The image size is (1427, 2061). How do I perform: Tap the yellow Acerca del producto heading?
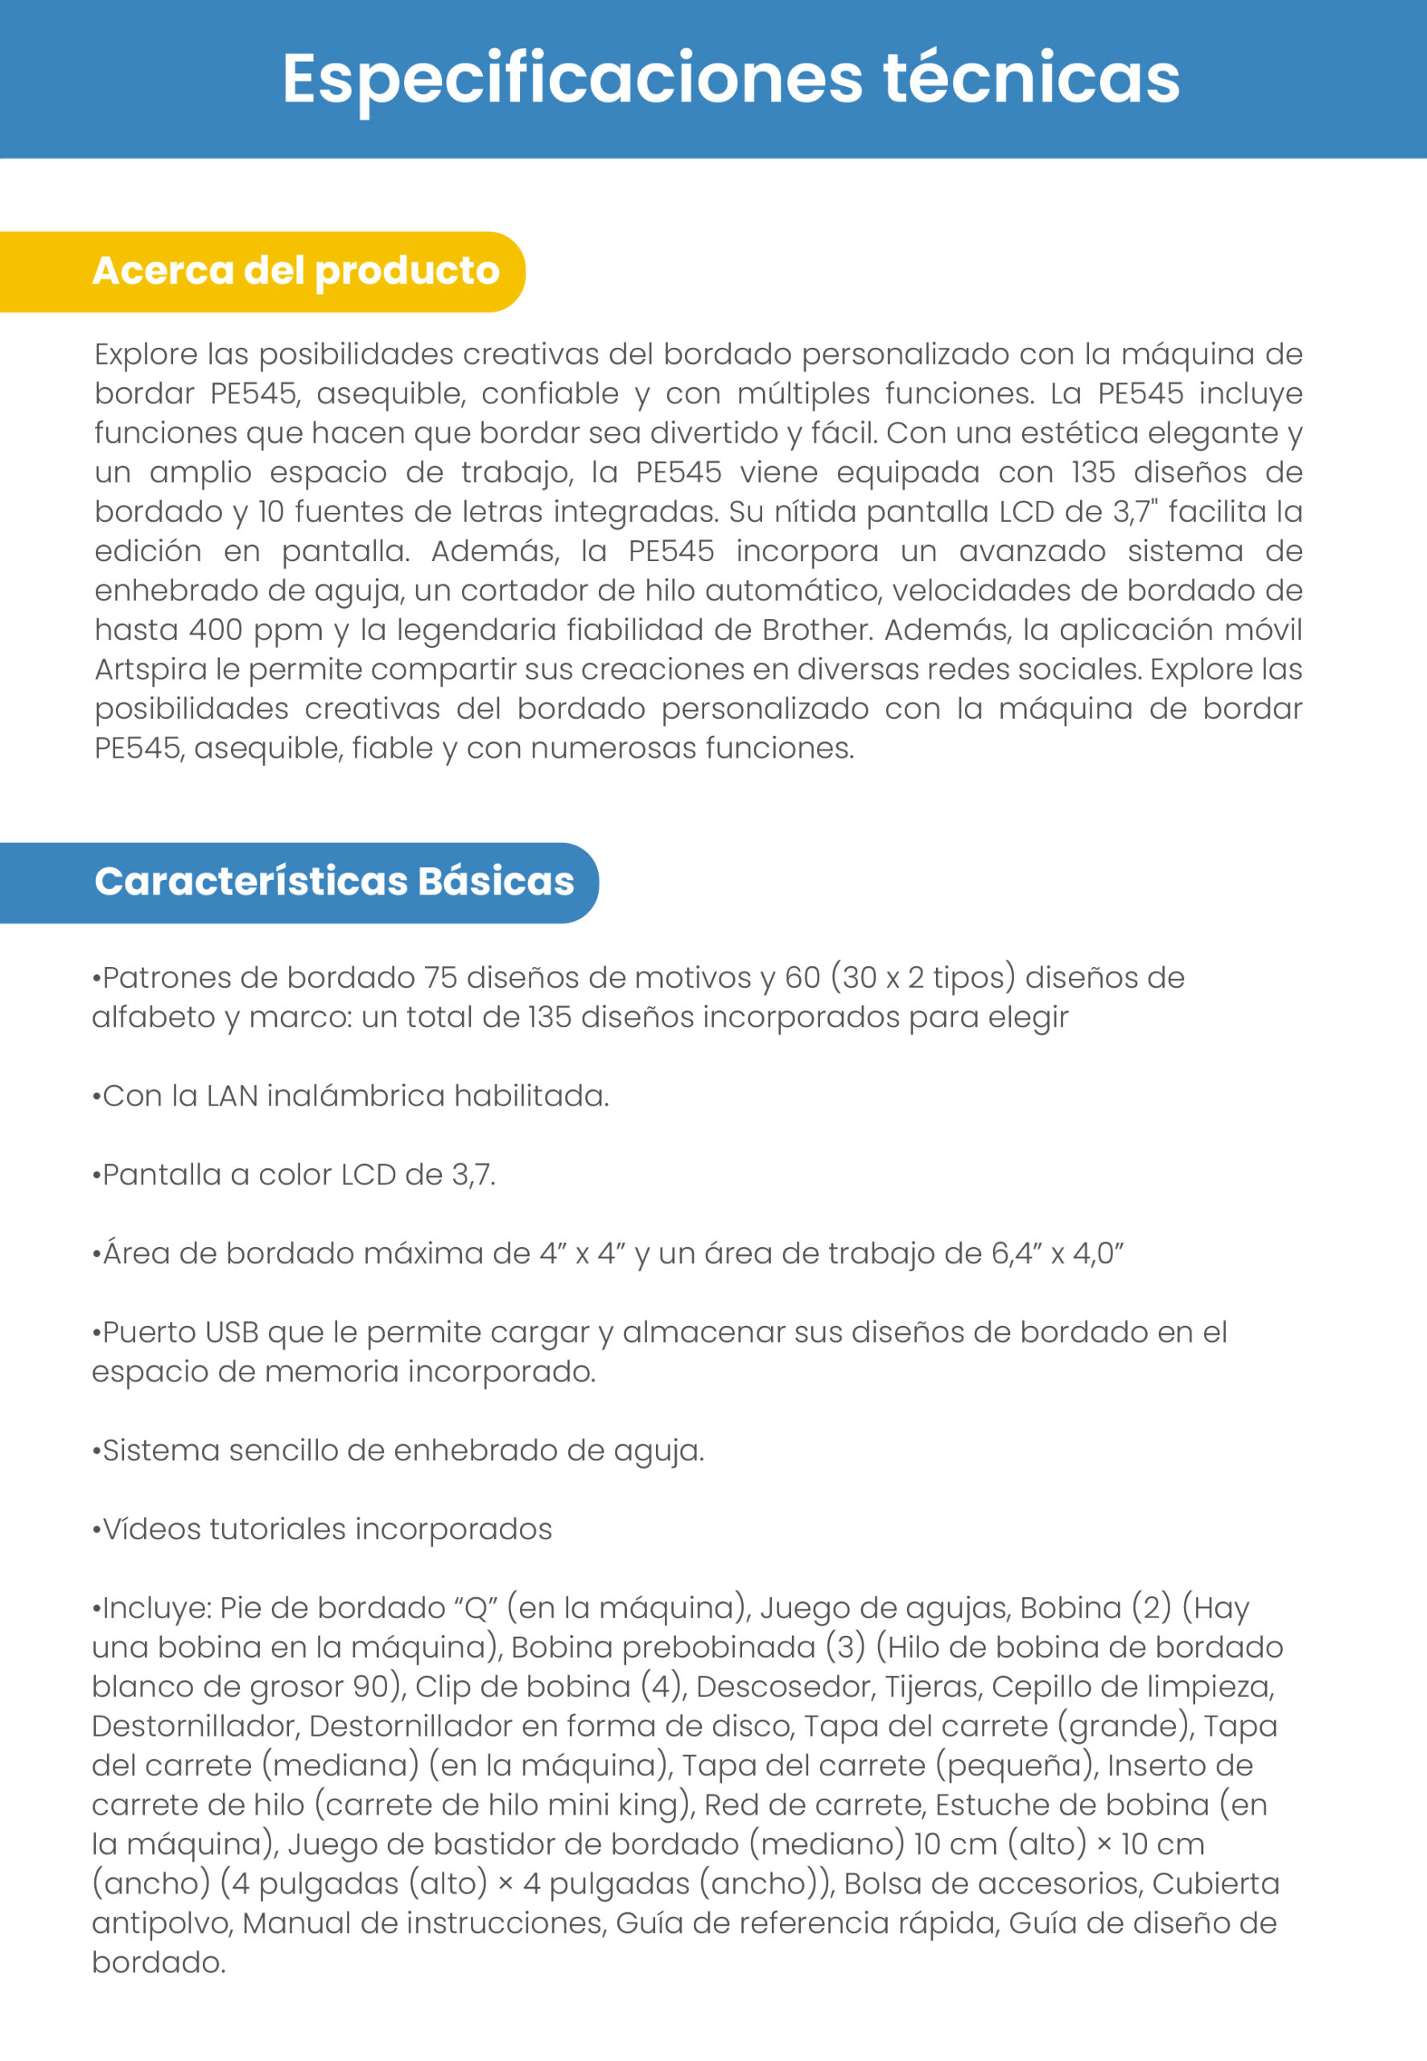point(295,271)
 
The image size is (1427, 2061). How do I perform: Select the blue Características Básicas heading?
point(334,882)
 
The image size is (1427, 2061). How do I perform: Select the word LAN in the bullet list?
point(232,1096)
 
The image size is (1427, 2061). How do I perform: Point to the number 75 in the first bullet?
point(440,977)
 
